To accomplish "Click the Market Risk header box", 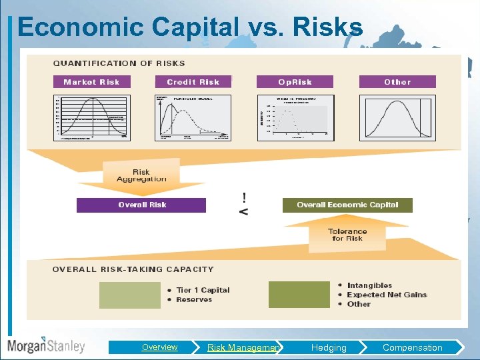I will [91, 82].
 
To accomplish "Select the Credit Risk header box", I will [193, 82].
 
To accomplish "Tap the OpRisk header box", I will [295, 82].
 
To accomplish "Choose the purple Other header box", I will [397, 82].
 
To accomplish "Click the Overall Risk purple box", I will [141, 205].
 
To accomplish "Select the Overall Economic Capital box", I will [347, 205].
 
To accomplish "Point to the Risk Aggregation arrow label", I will [141, 175].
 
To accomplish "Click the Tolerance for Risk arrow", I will [347, 235].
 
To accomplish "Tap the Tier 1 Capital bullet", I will [203, 290].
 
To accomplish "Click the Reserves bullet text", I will [194, 300].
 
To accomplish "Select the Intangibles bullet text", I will [369, 285].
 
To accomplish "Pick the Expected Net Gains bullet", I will [387, 295].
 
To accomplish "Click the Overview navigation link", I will [159, 347].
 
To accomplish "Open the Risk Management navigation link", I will [243, 347].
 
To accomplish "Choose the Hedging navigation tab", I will [329, 347].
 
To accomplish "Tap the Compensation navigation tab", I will [412, 347].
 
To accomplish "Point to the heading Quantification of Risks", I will [119, 63].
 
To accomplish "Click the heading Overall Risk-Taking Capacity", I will [133, 269].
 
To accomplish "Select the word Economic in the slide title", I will [81, 27].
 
